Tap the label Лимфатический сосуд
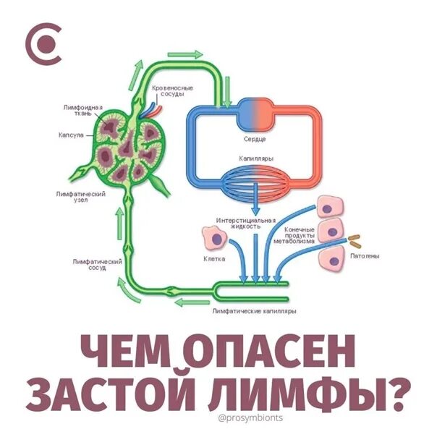(x=90, y=263)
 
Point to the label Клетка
(x=214, y=258)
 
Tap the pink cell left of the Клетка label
(x=213, y=237)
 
